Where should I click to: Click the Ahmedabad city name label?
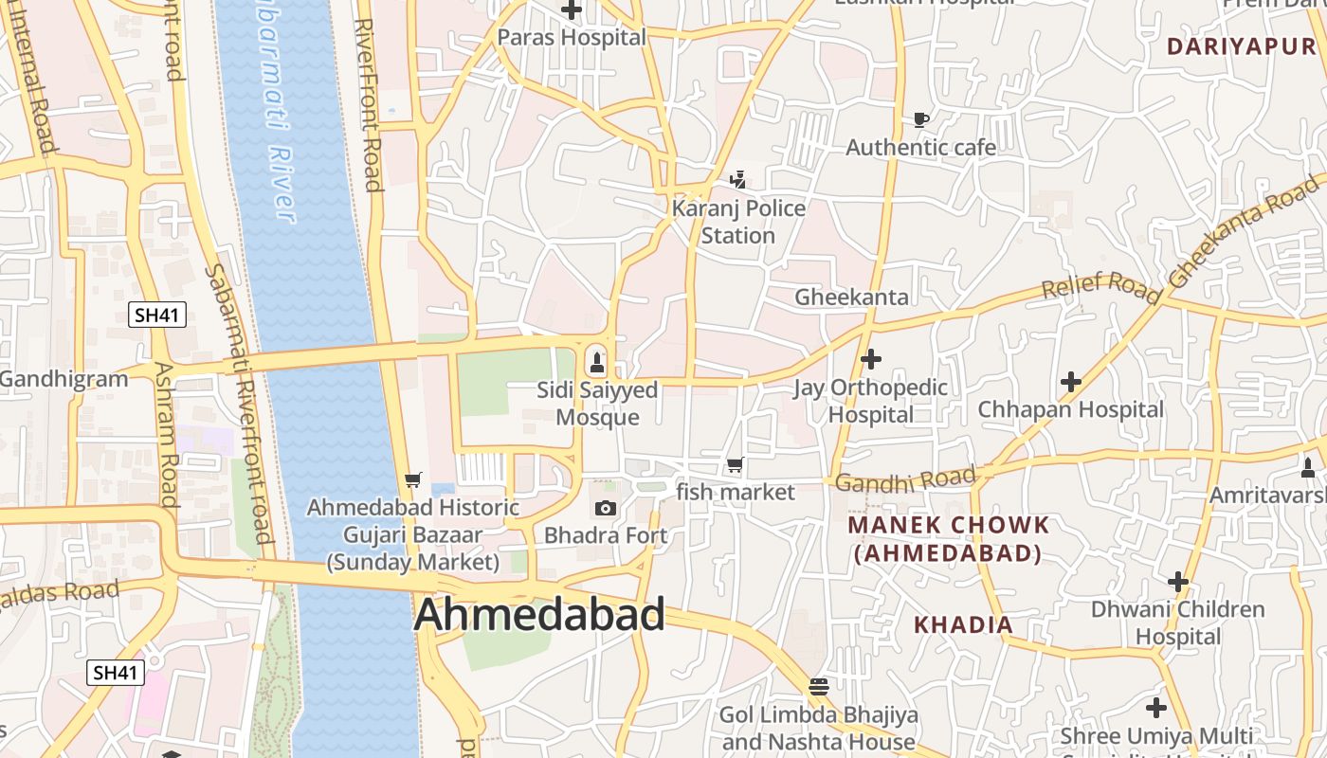539,615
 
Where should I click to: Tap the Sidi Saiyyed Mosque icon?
597,361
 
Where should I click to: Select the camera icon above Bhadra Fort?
606,509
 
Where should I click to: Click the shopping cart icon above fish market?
735,465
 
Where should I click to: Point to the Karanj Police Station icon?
738,180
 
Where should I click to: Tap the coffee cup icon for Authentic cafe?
920,120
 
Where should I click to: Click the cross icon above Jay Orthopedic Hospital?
870,359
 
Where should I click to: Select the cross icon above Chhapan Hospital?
1071,382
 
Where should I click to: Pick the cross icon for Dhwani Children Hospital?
1178,581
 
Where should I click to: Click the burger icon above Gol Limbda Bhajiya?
819,686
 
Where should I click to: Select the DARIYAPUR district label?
1242,46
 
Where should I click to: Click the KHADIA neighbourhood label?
963,624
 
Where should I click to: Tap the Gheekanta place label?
851,297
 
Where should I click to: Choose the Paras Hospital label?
572,38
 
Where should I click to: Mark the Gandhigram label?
64,380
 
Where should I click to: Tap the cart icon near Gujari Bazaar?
412,479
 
